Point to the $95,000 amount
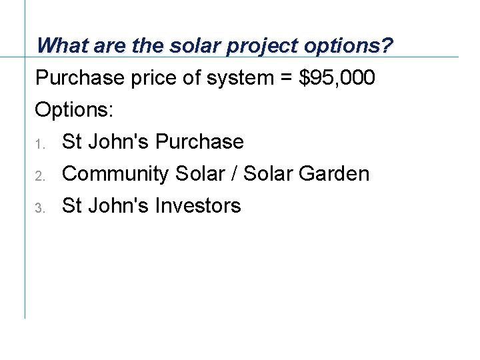337,78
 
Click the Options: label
74,110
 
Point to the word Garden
333,174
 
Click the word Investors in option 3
197,206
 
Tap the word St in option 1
70,142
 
